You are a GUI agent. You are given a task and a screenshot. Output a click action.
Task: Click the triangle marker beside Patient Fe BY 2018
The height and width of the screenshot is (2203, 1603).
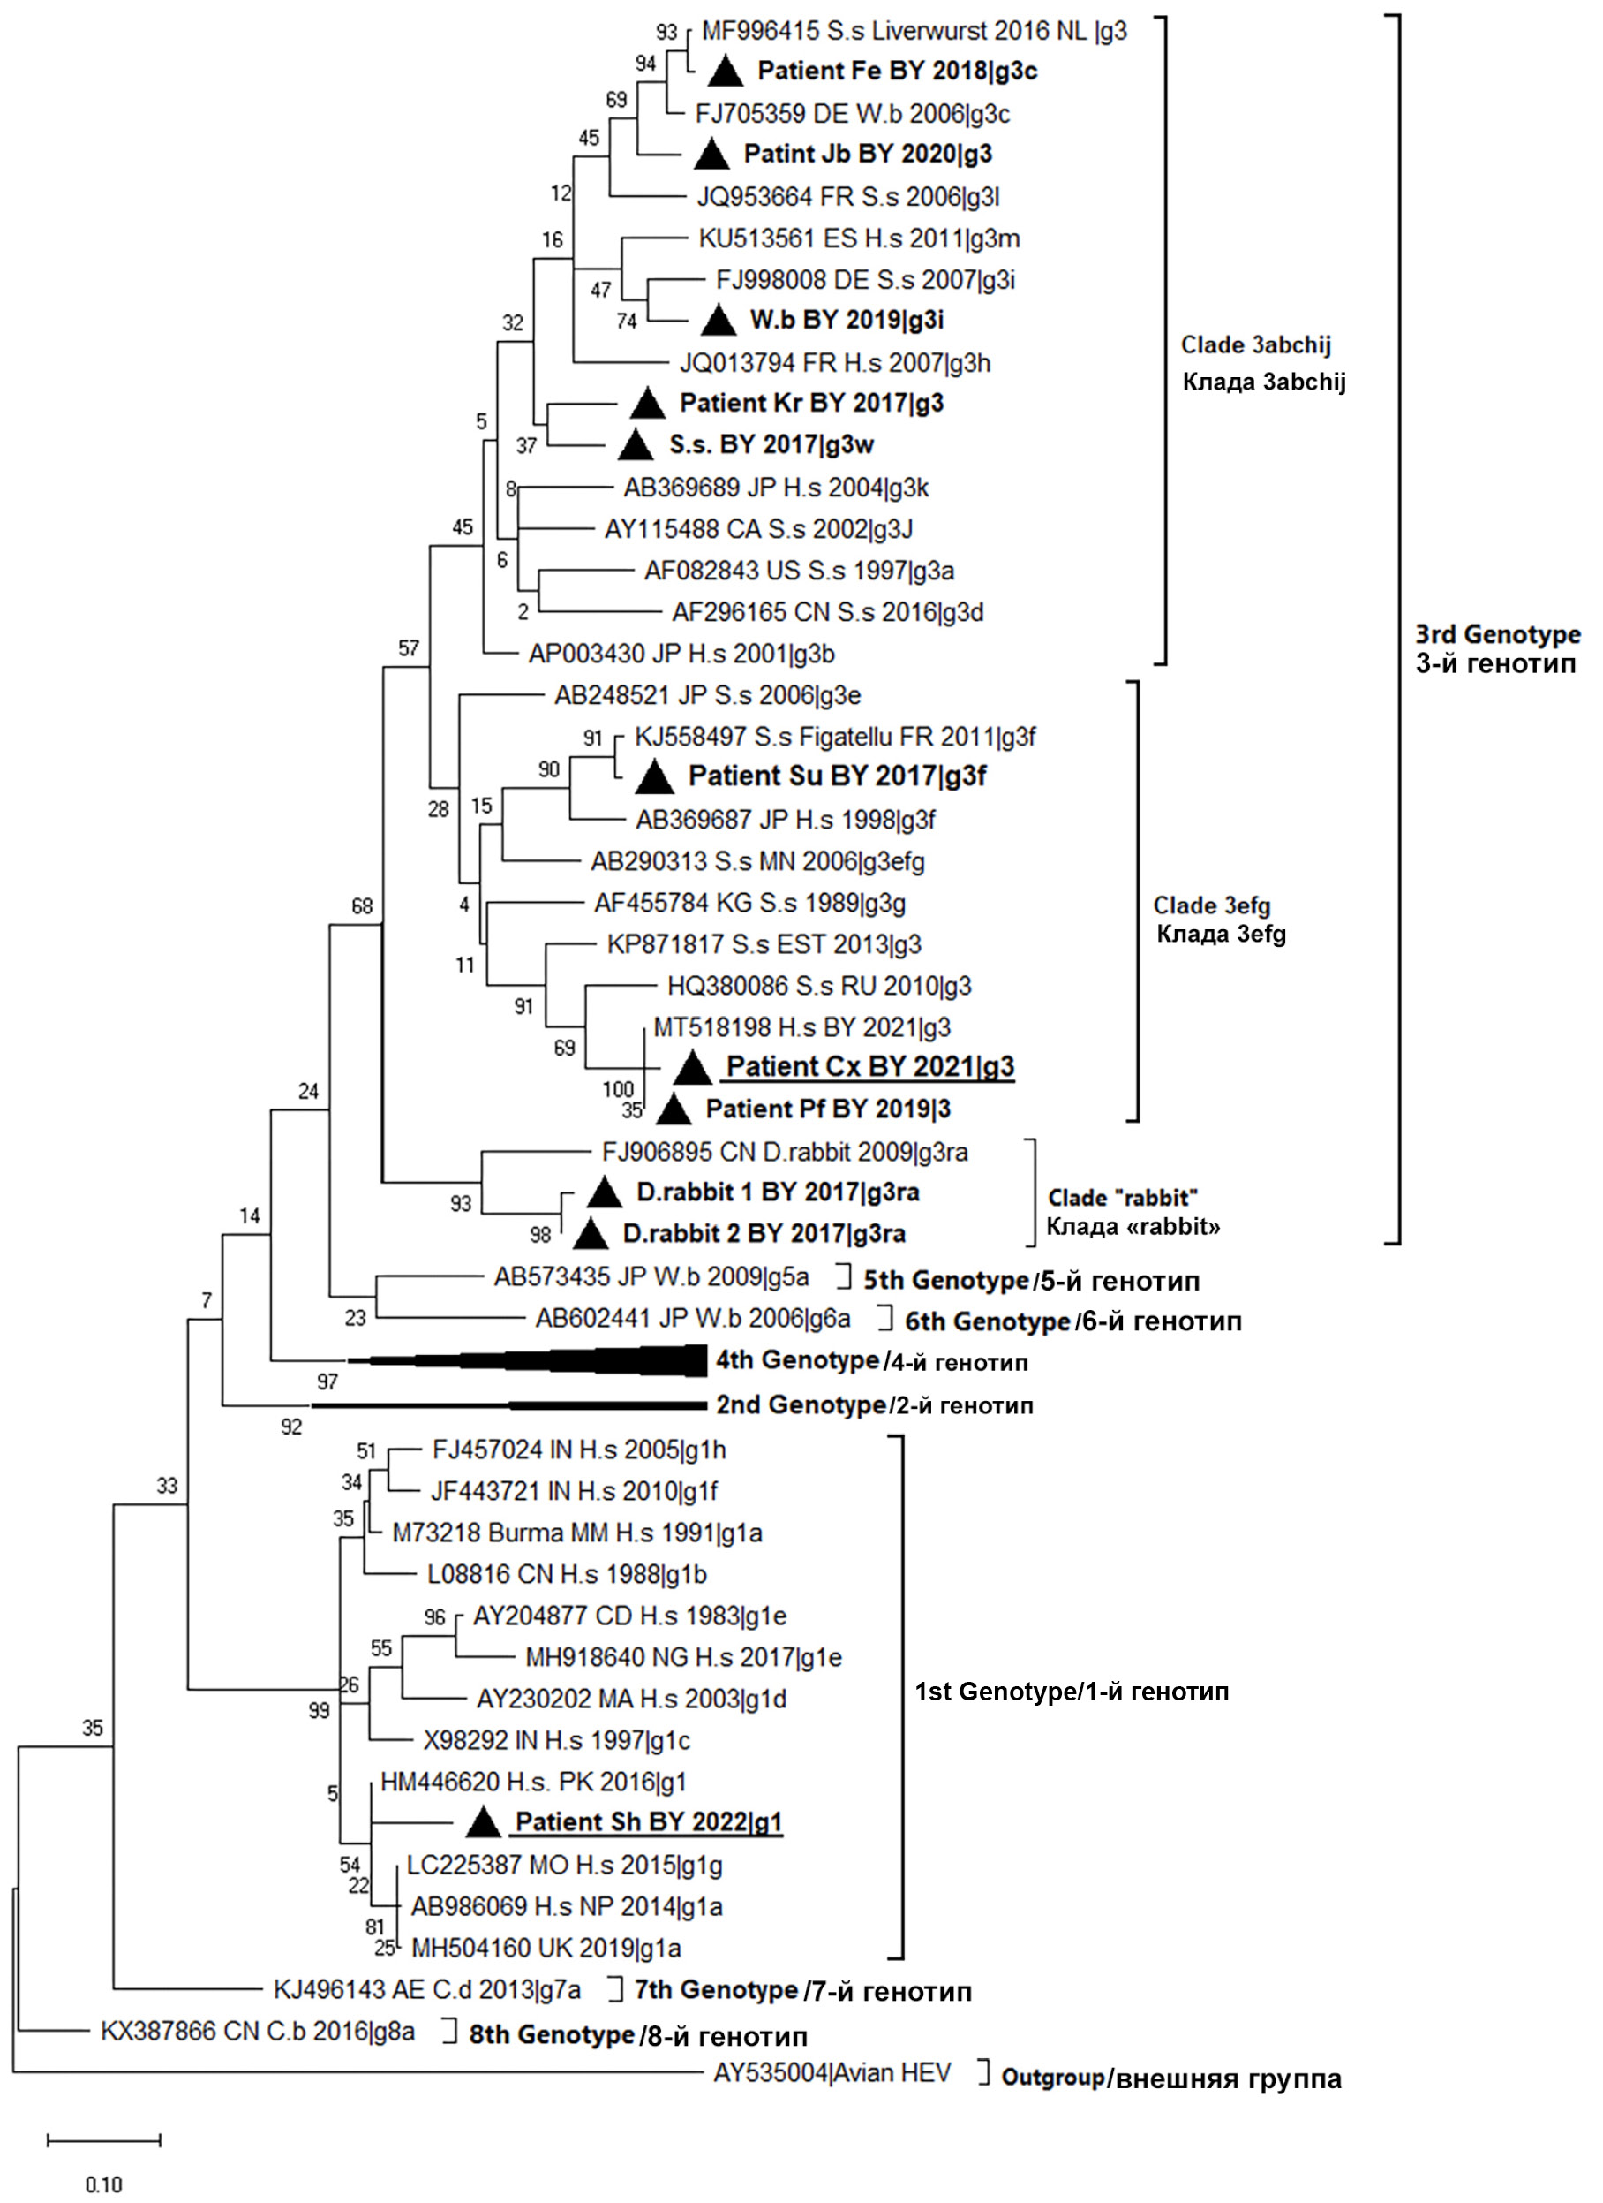tap(726, 72)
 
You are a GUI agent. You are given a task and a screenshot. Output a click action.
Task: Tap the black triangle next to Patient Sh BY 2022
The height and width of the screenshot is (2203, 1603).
tap(483, 1823)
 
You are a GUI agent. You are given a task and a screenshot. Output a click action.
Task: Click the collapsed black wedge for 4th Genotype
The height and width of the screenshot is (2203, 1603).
tap(583, 1361)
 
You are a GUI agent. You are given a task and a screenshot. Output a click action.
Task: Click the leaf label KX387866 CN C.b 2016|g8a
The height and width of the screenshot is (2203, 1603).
tap(257, 2032)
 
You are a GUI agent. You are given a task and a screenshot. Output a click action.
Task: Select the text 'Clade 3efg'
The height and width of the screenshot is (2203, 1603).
tap(1211, 905)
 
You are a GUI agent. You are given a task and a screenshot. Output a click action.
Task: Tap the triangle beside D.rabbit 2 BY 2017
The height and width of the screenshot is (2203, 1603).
tap(591, 1235)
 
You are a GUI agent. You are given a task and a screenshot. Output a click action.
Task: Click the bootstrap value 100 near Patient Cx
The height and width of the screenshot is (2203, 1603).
tap(618, 1089)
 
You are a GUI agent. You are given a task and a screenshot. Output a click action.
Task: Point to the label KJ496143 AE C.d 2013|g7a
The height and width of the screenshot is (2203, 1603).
tap(427, 1990)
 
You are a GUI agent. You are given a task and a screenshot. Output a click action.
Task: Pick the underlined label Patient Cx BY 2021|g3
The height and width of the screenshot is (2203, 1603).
tap(870, 1066)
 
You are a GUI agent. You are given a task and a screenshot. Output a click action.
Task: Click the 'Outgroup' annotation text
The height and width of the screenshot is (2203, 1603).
tap(1052, 2078)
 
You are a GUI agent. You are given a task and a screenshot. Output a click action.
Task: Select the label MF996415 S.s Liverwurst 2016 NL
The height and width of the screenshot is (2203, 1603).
tap(914, 31)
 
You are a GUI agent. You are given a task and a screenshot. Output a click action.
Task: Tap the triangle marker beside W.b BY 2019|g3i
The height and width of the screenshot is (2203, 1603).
tap(719, 320)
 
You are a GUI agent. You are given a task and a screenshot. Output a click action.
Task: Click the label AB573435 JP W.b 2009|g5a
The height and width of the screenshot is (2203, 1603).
tap(651, 1276)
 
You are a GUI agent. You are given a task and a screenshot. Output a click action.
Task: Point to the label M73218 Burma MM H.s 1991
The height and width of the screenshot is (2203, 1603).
tap(576, 1533)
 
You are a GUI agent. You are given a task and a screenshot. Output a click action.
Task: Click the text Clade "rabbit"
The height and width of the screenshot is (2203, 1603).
tap(1121, 1198)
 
